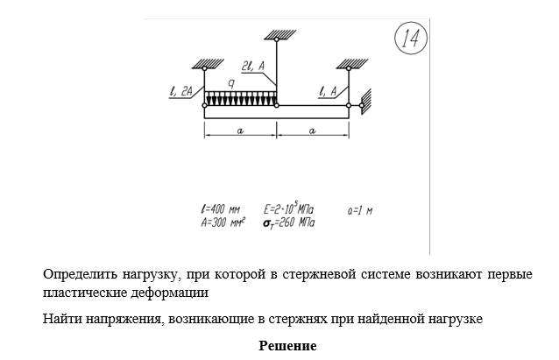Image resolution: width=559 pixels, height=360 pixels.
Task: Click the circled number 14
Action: tap(410, 38)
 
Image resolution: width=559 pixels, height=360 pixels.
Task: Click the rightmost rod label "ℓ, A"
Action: tap(329, 90)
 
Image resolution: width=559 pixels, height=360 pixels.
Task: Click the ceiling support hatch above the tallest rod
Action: tap(276, 35)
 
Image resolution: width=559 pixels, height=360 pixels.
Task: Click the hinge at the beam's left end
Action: tap(204, 105)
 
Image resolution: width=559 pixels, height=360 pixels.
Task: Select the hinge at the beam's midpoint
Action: tap(276, 105)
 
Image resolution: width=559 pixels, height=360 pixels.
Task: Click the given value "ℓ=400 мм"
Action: tap(220, 210)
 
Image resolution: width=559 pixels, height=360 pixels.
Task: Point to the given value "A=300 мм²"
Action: tap(223, 222)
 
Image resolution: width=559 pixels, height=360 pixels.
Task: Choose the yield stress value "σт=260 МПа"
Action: tap(289, 222)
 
